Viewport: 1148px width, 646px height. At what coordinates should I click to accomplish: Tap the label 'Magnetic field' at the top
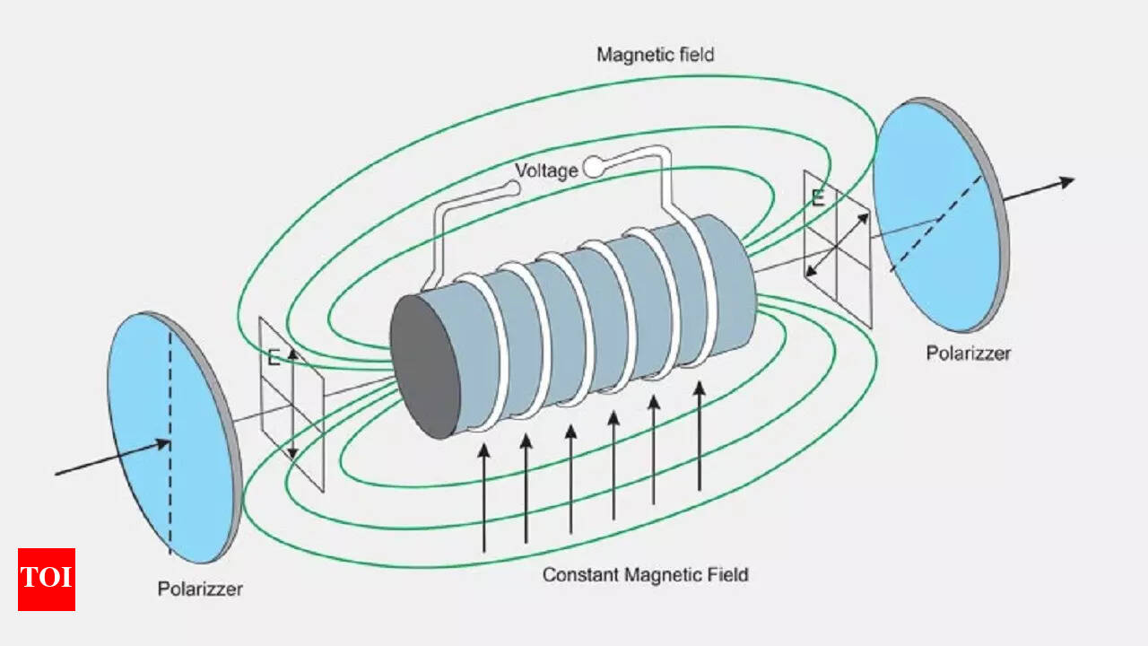pos(655,55)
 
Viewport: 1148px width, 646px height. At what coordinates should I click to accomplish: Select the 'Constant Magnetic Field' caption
pos(645,574)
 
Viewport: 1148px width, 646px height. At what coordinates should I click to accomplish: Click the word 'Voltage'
pos(546,170)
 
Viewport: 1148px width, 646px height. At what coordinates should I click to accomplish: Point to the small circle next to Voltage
pos(594,166)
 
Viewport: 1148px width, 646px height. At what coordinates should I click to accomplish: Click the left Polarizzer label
pos(200,589)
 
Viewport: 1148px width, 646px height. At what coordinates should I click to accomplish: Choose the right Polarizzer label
pos(968,353)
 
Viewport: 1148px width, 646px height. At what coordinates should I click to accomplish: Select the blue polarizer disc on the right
pos(937,215)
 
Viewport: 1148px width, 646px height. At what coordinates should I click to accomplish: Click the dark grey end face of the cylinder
pos(426,366)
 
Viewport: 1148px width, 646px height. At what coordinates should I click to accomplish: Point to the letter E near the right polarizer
pos(818,199)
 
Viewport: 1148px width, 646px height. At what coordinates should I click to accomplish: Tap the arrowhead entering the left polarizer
pos(163,443)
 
